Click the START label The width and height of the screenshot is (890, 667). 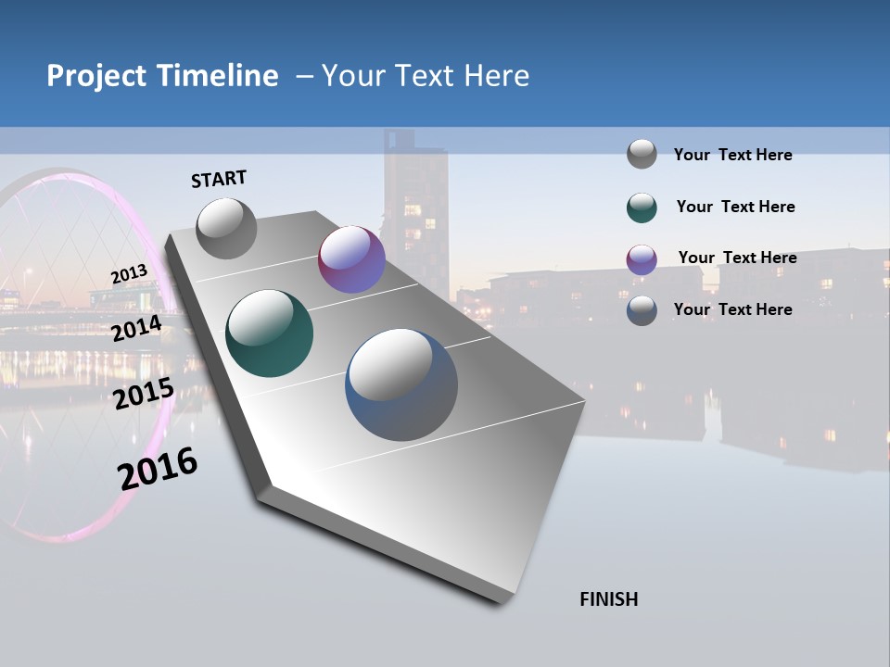tap(219, 179)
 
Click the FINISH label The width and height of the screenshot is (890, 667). tap(609, 599)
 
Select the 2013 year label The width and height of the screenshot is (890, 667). tap(129, 274)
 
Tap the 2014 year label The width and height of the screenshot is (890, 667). tap(136, 329)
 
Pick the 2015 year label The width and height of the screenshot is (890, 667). tap(144, 394)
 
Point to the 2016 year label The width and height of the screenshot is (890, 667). tap(158, 469)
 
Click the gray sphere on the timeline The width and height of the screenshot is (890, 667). tap(227, 228)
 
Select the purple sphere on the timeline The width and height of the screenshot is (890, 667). tap(351, 259)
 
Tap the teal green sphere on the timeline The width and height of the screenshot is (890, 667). tap(270, 333)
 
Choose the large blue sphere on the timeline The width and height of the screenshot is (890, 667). tap(401, 384)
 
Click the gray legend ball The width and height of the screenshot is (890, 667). tap(642, 154)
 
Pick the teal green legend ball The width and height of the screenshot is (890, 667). tap(642, 208)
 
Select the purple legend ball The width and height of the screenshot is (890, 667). tap(642, 259)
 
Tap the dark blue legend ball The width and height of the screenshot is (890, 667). tap(642, 310)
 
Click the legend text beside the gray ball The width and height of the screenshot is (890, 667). tap(732, 155)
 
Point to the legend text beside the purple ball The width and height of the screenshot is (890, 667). tap(737, 258)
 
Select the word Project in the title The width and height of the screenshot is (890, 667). tap(98, 76)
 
